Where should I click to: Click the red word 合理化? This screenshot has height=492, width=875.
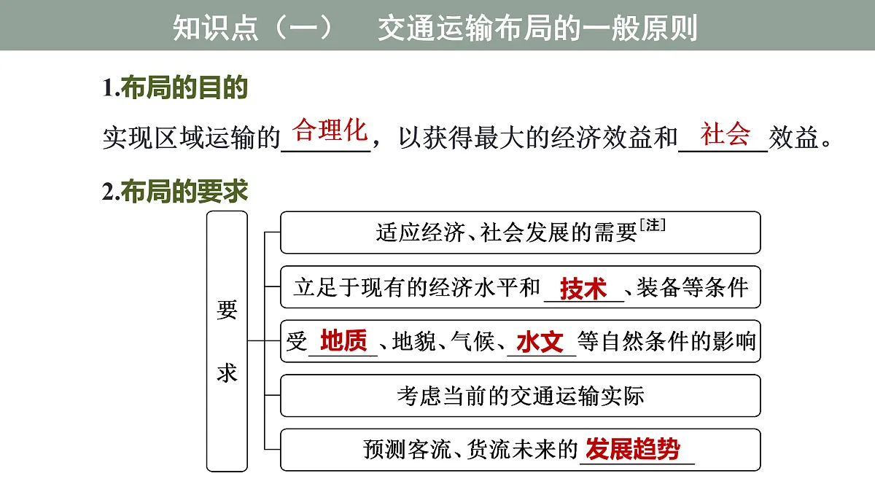[330, 130]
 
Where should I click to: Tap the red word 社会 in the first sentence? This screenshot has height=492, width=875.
[725, 133]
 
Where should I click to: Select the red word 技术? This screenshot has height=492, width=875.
[583, 289]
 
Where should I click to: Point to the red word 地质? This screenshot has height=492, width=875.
[343, 340]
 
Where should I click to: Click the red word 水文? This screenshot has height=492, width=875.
[540, 342]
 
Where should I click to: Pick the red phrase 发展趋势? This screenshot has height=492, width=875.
[632, 449]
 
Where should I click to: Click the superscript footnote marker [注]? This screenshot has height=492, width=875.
[653, 225]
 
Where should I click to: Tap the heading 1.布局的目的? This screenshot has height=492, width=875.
[175, 87]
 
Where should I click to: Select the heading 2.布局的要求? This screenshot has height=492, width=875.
[175, 191]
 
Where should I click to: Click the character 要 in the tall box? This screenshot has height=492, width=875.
[227, 310]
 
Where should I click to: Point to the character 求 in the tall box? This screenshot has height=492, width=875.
[227, 373]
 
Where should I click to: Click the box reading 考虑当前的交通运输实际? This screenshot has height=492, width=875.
[521, 396]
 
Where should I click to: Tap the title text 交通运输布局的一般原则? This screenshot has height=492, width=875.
[537, 28]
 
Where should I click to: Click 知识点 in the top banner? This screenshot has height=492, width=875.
[215, 28]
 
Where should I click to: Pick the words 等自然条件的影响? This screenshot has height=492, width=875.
[666, 341]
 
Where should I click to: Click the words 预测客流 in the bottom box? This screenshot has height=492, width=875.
[408, 449]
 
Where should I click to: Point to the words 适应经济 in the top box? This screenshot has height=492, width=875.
[420, 233]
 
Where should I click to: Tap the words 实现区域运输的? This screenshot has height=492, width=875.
[191, 138]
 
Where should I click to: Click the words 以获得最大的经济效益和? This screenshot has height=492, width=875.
[538, 138]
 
